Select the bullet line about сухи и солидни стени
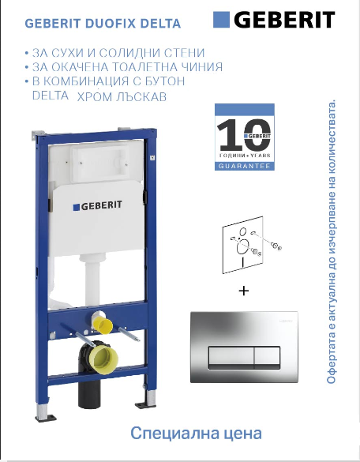pyautogui.click(x=109, y=52)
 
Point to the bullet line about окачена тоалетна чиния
pyautogui.click(x=123, y=67)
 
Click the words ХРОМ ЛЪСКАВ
pyautogui.click(x=122, y=96)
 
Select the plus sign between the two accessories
pyautogui.click(x=243, y=291)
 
